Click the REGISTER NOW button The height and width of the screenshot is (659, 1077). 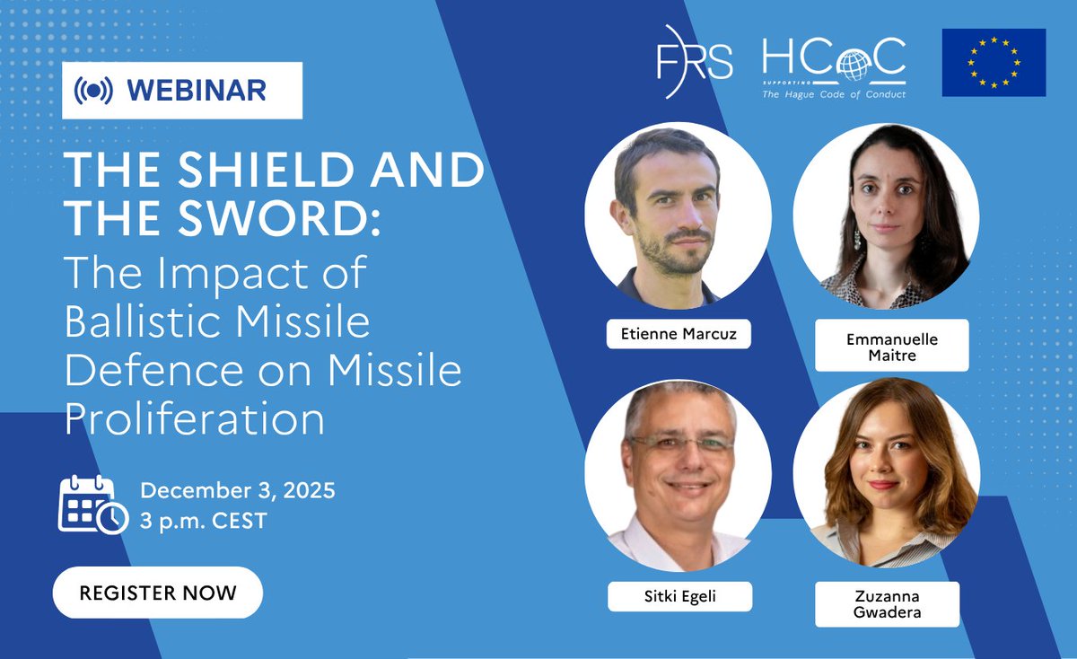(158, 593)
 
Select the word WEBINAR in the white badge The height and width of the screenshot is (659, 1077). (197, 91)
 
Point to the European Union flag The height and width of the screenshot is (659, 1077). (994, 62)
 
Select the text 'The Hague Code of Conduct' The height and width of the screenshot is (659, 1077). (834, 93)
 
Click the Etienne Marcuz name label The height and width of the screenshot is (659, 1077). (678, 334)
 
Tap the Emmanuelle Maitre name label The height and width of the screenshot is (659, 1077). (891, 345)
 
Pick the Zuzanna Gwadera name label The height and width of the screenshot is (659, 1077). (887, 603)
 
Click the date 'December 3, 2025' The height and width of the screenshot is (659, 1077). (237, 490)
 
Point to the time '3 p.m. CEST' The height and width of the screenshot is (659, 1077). (203, 520)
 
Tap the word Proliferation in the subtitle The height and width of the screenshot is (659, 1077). (196, 418)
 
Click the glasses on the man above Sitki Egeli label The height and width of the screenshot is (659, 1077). (679, 445)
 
